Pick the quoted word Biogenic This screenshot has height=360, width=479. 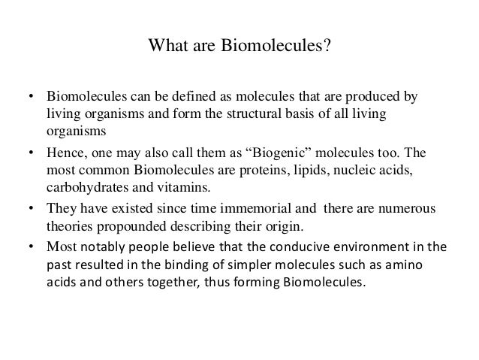tap(274, 153)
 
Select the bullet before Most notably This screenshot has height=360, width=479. tap(31, 247)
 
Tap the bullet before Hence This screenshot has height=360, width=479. tap(31, 153)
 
